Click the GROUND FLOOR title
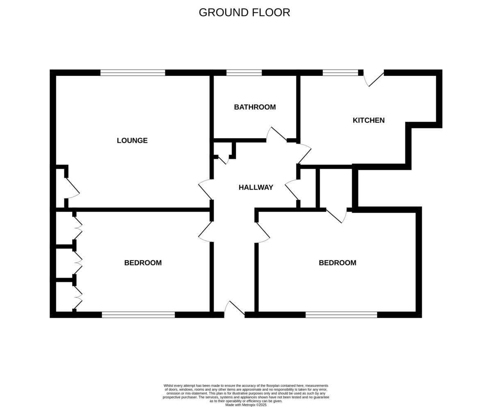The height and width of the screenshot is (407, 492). tap(244, 12)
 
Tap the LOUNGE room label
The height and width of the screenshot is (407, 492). tap(132, 141)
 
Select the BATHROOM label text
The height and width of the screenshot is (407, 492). tap(255, 107)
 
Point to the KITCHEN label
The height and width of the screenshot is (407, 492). tap(369, 120)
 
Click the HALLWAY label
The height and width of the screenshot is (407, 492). tap(256, 187)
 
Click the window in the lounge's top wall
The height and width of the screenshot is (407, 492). tap(133, 73)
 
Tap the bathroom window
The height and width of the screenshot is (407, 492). tap(244, 73)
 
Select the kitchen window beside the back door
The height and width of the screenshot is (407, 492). tap(340, 73)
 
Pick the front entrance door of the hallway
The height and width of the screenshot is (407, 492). tap(235, 309)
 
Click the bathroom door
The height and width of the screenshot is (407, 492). tap(276, 135)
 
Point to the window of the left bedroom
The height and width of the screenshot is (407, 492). tap(138, 315)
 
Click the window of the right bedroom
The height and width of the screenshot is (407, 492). tap(341, 315)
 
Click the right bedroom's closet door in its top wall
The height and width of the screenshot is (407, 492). tap(337, 215)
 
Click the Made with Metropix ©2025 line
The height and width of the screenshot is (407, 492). tap(246, 405)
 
